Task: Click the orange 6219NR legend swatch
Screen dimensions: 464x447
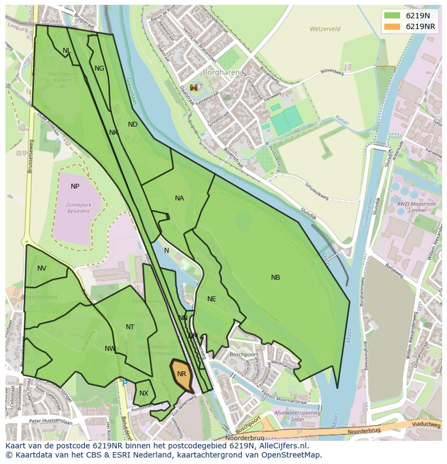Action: (x=393, y=26)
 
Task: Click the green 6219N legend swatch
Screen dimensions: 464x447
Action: (x=393, y=16)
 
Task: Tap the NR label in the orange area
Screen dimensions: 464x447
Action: (x=181, y=374)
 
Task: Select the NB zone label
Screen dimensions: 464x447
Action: (x=275, y=278)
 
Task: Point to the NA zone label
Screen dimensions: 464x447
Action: (x=179, y=198)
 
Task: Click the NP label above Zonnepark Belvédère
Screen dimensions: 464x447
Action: (x=75, y=186)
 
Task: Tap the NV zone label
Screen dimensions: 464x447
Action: (x=42, y=268)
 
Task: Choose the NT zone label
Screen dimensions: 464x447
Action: (x=130, y=327)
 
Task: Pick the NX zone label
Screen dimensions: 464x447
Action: (x=144, y=393)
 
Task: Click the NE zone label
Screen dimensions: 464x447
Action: (x=212, y=299)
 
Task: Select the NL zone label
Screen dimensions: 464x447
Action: (x=66, y=51)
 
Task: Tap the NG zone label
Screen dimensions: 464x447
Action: (x=99, y=68)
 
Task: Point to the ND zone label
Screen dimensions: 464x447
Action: (x=133, y=124)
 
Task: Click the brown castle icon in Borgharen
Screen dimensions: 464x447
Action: (x=193, y=87)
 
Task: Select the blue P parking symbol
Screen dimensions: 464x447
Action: (x=125, y=383)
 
